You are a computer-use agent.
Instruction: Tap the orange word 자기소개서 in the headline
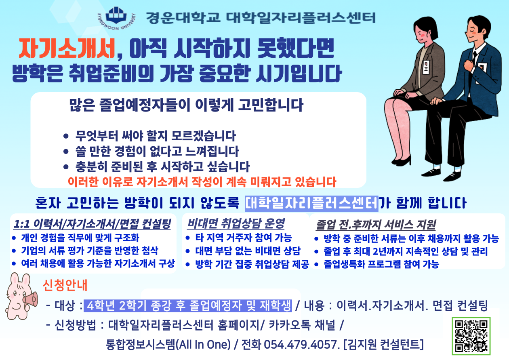point(67,50)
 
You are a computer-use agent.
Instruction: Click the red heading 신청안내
point(65,286)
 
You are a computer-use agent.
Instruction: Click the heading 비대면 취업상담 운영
point(236,223)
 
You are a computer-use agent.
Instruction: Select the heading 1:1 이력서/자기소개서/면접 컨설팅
point(92,223)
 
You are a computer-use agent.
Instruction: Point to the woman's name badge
point(427,67)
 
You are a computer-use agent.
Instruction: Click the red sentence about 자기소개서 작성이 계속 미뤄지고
point(202,182)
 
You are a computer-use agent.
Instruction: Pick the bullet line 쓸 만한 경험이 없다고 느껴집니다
point(157,152)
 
